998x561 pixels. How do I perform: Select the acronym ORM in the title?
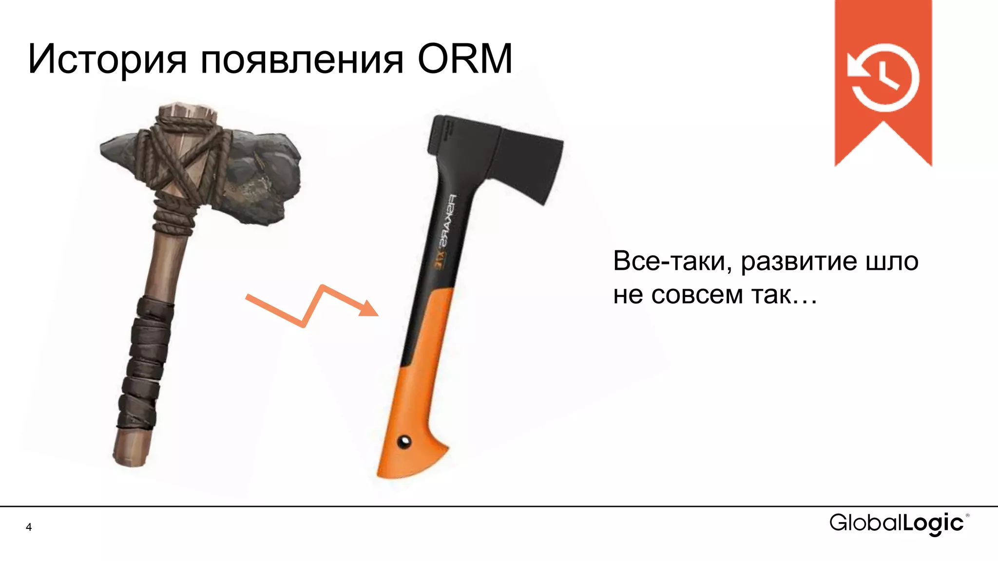click(x=464, y=59)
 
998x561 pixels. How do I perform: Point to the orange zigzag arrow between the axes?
click(x=312, y=307)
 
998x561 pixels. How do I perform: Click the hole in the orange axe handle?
click(x=404, y=442)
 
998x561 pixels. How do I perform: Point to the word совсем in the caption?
click(x=697, y=295)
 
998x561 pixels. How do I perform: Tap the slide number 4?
click(x=29, y=527)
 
